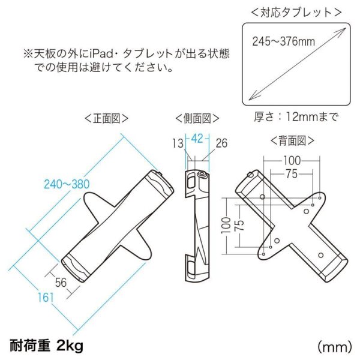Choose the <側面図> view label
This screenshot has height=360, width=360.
(x=197, y=118)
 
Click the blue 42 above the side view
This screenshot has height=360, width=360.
(x=197, y=137)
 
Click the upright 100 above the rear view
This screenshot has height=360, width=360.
(x=292, y=161)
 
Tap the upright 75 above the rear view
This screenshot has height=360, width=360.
(x=292, y=174)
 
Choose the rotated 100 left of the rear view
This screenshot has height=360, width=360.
(x=224, y=225)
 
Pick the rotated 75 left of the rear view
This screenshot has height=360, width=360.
(x=238, y=225)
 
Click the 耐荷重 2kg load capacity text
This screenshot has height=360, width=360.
(x=46, y=345)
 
